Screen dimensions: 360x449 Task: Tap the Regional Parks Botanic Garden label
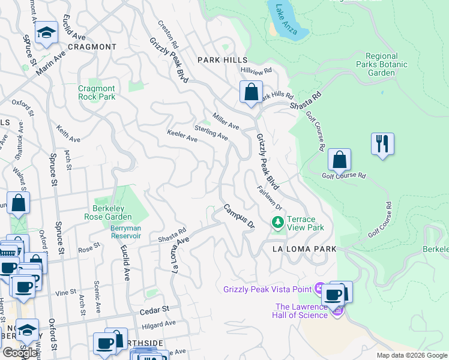[x=381, y=64]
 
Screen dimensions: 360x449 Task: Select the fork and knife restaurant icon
[x=382, y=144]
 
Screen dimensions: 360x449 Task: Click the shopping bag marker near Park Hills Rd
[x=251, y=93]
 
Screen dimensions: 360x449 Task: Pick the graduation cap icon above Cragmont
[x=46, y=33]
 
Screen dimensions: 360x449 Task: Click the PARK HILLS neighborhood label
[x=222, y=61]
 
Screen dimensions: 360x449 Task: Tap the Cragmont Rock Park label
[x=97, y=92]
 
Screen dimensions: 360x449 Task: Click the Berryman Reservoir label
[x=125, y=232]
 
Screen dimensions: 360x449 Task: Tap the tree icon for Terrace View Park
[x=277, y=223]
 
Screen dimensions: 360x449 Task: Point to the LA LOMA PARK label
[x=304, y=248]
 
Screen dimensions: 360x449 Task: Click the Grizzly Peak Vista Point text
[x=267, y=289]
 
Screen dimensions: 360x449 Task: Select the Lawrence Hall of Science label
[x=298, y=312]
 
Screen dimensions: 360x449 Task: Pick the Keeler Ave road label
[x=182, y=136]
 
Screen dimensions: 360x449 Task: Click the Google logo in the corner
[x=20, y=352]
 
